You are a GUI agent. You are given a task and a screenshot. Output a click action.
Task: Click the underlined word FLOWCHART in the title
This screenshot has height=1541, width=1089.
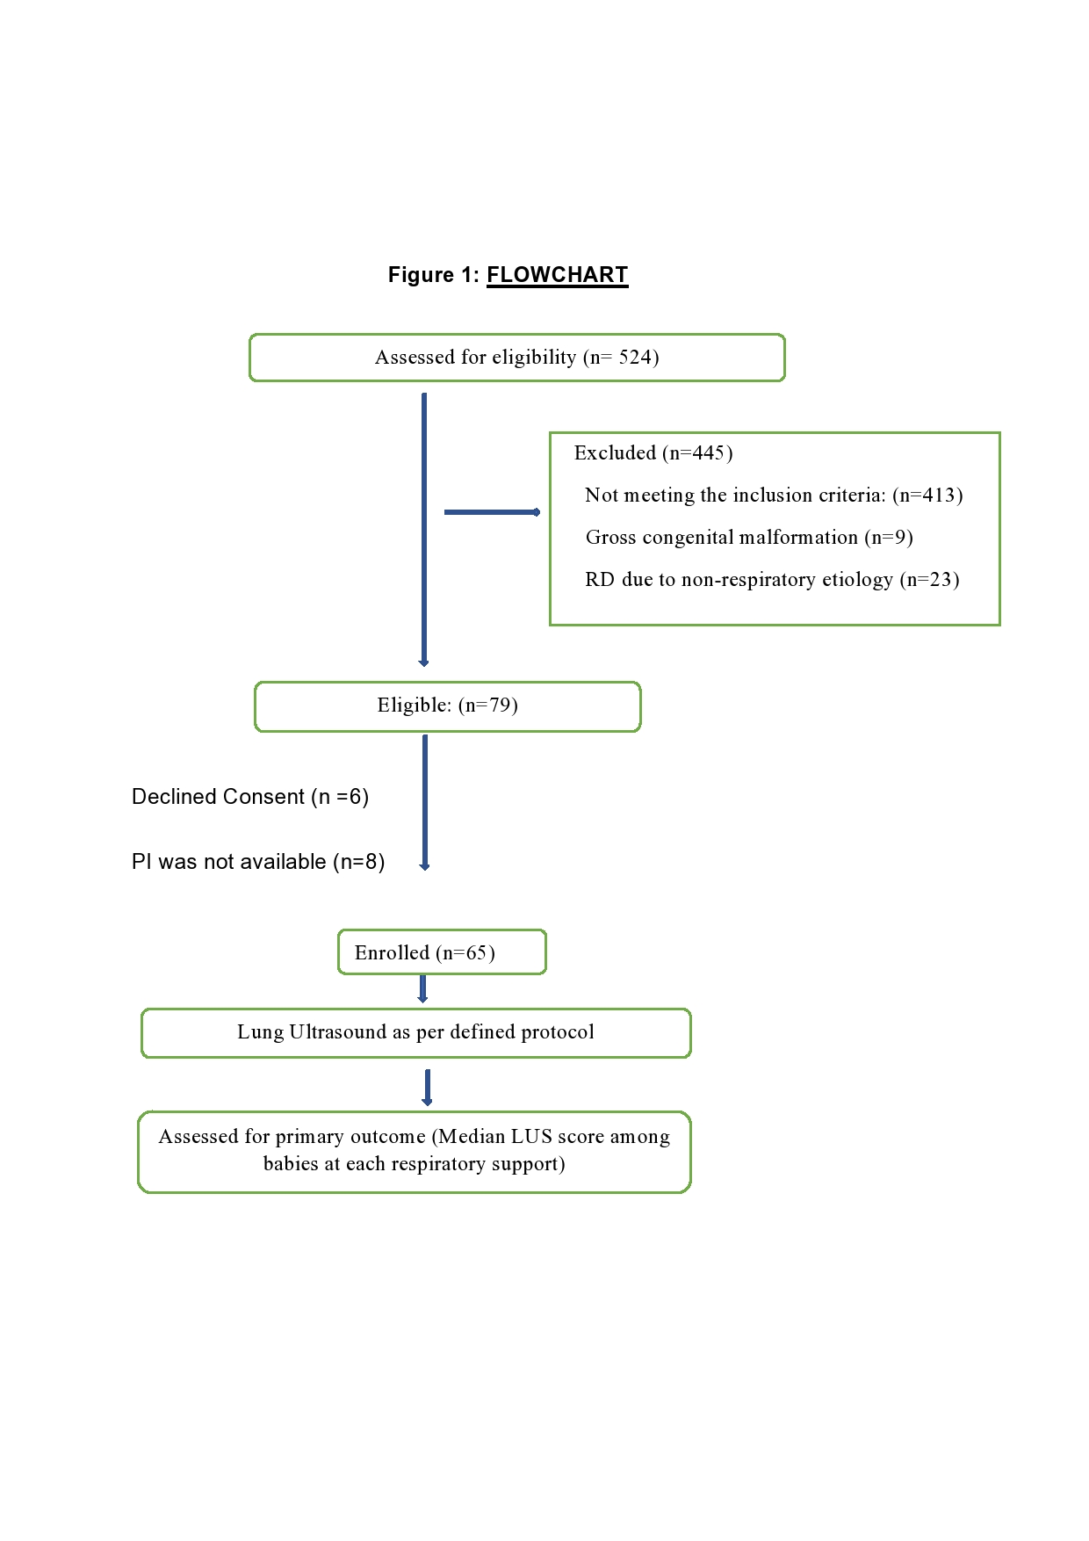pos(558,275)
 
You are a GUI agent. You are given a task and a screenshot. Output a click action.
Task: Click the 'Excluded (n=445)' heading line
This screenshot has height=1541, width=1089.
pos(653,453)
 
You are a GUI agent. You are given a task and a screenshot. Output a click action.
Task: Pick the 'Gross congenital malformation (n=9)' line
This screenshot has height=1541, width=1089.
pos(749,538)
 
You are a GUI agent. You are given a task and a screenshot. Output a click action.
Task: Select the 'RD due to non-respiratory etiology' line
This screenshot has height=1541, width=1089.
pos(772,580)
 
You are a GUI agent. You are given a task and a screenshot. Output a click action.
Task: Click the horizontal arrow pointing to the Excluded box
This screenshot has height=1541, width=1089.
pos(492,512)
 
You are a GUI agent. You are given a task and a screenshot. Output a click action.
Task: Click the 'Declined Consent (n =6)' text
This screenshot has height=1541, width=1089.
pos(250,797)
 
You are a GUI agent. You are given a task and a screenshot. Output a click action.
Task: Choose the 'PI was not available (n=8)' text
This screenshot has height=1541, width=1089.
pos(258,862)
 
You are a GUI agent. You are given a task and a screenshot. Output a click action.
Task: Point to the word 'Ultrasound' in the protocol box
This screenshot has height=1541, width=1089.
pos(337,1031)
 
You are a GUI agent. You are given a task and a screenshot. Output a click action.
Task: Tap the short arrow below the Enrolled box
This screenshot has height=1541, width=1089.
pos(422,989)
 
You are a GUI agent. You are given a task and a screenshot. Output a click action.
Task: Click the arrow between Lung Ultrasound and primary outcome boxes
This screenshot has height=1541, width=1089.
pos(428,1088)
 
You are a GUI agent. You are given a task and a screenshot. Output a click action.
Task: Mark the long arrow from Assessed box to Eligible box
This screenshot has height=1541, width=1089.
pos(424,530)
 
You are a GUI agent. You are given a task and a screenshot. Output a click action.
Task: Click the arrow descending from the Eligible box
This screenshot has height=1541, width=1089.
pos(425,803)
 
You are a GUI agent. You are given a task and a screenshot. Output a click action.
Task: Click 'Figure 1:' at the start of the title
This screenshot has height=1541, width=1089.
pos(434,275)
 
